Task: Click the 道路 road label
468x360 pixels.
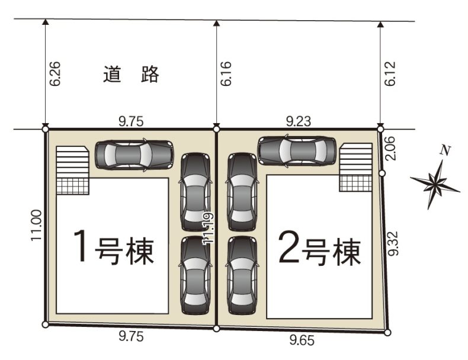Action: pyautogui.click(x=131, y=74)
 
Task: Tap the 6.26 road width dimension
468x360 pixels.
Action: pyautogui.click(x=55, y=74)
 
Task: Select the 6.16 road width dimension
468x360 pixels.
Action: pyautogui.click(x=226, y=74)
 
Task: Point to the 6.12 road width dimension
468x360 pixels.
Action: pyautogui.click(x=390, y=74)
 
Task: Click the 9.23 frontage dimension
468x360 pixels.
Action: pyautogui.click(x=299, y=121)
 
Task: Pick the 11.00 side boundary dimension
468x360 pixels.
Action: pyautogui.click(x=36, y=226)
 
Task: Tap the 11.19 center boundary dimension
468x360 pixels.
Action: pyautogui.click(x=208, y=229)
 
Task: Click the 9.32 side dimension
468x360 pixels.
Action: pyautogui.click(x=393, y=243)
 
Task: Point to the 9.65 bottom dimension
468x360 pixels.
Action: pyautogui.click(x=302, y=340)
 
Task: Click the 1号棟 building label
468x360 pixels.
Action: pyautogui.click(x=114, y=247)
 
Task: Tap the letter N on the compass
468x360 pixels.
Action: pyautogui.click(x=445, y=150)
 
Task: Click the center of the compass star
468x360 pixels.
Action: pyautogui.click(x=435, y=182)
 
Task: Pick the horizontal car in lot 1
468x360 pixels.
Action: pyautogui.click(x=134, y=155)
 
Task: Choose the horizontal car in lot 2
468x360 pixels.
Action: pyautogui.click(x=297, y=150)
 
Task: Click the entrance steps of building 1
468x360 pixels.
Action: pyautogui.click(x=72, y=171)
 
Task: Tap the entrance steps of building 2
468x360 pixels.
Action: pyautogui.click(x=356, y=167)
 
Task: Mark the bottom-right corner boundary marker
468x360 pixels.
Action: pyautogui.click(x=387, y=332)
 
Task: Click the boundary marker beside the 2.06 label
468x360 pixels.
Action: pyautogui.click(x=382, y=173)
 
